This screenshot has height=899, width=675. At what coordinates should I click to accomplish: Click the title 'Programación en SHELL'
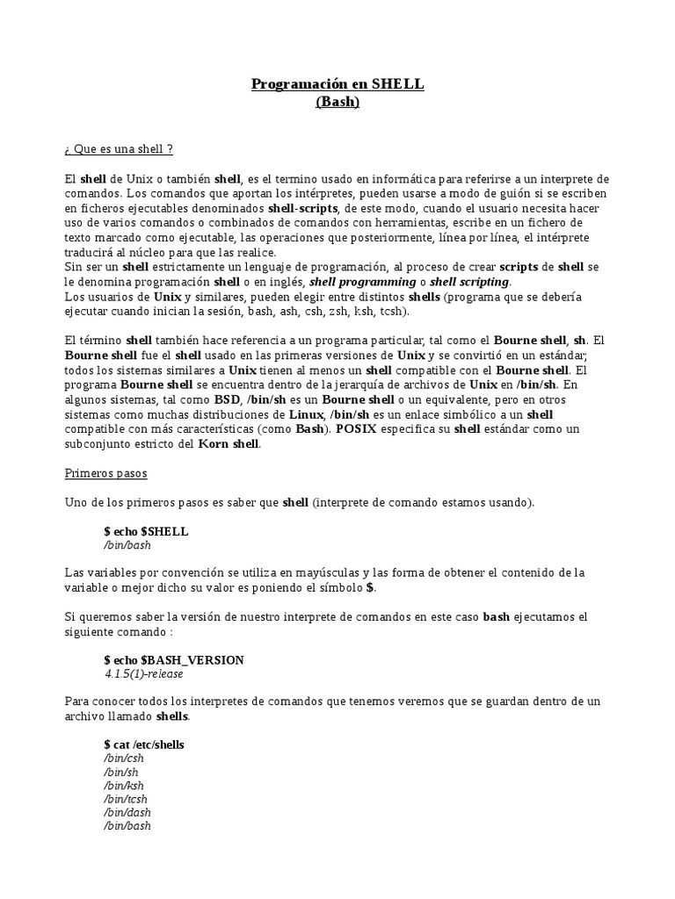337,84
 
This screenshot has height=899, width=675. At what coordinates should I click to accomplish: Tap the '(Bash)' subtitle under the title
337,102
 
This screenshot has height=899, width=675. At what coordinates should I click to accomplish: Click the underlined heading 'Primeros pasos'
106,473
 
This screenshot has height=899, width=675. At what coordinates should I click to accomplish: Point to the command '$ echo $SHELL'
146,531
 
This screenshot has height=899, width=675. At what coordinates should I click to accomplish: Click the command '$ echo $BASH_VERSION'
174,659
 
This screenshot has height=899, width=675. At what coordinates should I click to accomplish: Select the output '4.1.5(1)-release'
144,673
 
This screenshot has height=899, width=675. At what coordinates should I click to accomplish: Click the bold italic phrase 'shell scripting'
469,282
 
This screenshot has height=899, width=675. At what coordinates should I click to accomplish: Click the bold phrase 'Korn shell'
230,443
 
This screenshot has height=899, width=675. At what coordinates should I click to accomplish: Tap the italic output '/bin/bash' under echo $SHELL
127,545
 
